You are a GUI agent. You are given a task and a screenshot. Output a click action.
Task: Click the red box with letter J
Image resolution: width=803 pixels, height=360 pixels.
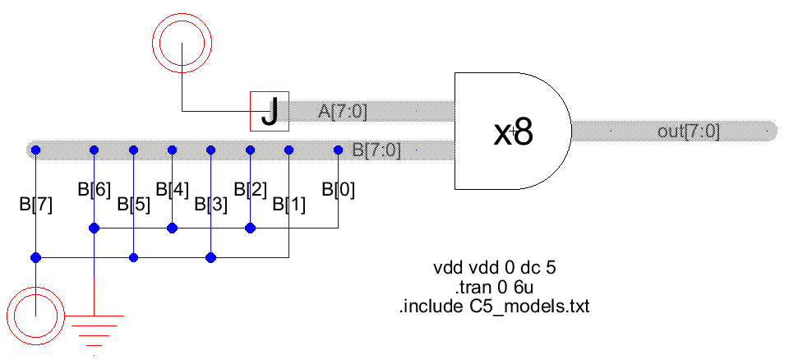[270, 111]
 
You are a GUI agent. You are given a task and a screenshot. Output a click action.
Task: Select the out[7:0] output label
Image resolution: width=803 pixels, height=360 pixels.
[689, 132]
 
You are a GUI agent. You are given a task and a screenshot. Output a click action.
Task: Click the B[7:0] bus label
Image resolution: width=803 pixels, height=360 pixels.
[376, 150]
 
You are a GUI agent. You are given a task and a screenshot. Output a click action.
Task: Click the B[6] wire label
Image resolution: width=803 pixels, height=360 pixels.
[95, 189]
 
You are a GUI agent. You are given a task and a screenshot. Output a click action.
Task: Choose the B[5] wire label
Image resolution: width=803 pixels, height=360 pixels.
[134, 204]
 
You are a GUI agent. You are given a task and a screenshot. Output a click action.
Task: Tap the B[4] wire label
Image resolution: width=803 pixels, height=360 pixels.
[173, 189]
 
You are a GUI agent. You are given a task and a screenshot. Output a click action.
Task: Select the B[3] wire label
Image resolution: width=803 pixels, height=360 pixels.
[211, 204]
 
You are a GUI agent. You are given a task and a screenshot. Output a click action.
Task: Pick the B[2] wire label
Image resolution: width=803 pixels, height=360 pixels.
[251, 189]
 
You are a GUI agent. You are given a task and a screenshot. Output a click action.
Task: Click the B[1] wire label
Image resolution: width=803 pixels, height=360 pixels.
[289, 204]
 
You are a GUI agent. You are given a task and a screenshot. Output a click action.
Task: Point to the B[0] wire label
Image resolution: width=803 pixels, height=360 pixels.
[339, 189]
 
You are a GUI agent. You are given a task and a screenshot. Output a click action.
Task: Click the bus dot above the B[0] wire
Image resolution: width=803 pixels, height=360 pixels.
[338, 150]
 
